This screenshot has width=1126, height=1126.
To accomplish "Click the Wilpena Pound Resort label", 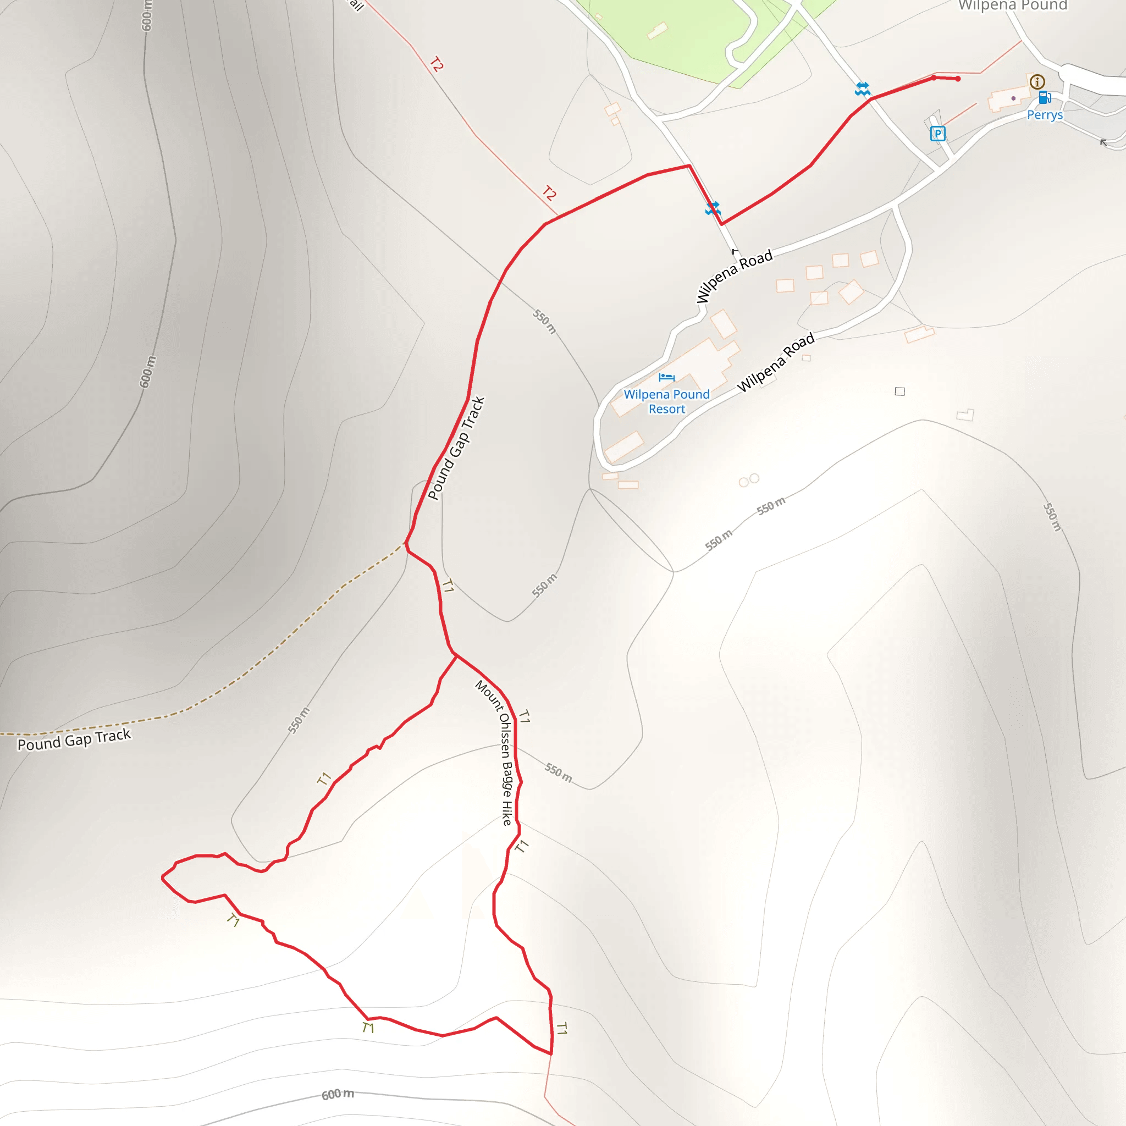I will click(x=667, y=401).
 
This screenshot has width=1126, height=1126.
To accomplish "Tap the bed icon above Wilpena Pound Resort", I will click(x=666, y=377).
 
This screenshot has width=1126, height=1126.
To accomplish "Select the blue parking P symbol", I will click(x=937, y=134).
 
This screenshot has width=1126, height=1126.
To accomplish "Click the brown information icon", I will click(x=1037, y=81).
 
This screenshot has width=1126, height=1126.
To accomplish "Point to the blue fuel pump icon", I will click(x=1045, y=97).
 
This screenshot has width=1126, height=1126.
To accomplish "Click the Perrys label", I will click(x=1045, y=115).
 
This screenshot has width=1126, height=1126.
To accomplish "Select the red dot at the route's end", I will click(x=958, y=79).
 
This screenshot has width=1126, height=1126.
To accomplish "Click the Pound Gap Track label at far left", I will click(x=74, y=739).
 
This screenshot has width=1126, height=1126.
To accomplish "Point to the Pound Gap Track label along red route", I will click(x=456, y=448).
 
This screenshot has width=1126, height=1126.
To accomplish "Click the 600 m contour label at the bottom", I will click(x=338, y=1094).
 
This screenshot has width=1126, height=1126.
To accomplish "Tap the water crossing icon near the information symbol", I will click(x=863, y=89).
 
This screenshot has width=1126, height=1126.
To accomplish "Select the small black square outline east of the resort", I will click(x=900, y=391).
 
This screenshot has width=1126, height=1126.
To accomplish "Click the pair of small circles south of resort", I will click(x=749, y=480).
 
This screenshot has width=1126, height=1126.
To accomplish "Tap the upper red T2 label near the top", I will click(x=437, y=64).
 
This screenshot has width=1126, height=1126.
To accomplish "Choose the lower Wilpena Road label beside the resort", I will click(x=775, y=362).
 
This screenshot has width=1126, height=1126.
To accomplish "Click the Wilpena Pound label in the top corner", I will click(x=1013, y=6).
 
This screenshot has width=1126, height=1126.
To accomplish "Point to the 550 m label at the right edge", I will click(x=1052, y=517).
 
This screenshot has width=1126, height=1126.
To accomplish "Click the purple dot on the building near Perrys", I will click(x=1013, y=98).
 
